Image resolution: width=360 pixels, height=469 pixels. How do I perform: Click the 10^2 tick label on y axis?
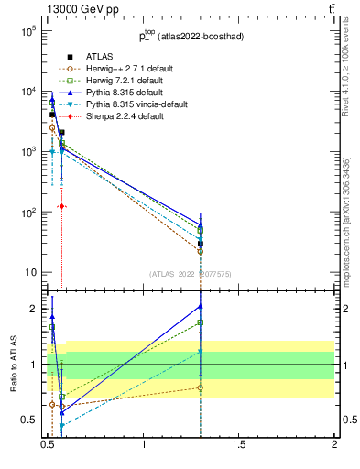click(27, 213)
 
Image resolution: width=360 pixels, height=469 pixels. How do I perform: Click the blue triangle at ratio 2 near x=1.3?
click(201, 306)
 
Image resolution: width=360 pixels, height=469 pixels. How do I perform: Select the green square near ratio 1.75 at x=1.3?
click(201, 322)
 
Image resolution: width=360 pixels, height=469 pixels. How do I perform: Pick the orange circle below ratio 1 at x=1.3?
click(201, 387)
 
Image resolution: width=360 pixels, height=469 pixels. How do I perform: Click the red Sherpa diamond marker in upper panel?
click(61, 206)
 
